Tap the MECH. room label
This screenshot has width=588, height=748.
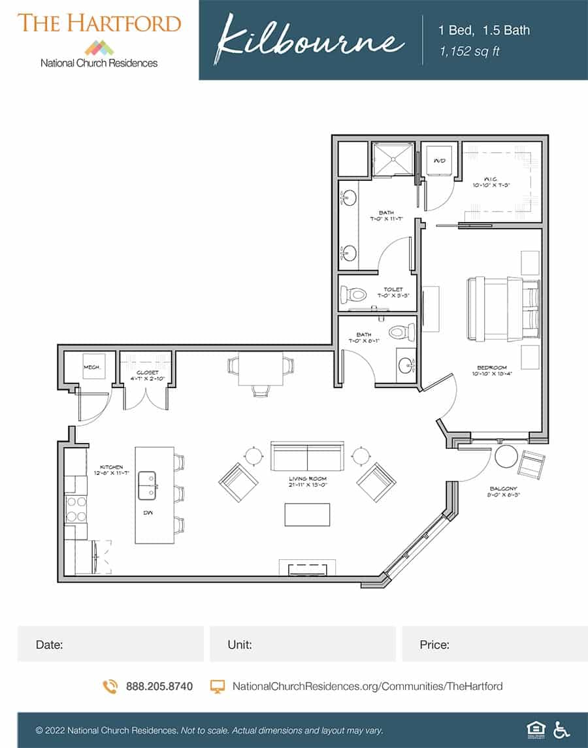point(91,368)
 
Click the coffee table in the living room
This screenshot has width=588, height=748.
point(307,514)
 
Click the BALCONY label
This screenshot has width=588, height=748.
point(503,489)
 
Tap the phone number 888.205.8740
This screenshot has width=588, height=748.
point(159,686)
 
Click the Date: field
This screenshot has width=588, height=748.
point(110,644)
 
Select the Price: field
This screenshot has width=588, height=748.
point(495,644)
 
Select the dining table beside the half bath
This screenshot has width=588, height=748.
point(260,369)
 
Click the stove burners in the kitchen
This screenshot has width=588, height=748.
point(76,509)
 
